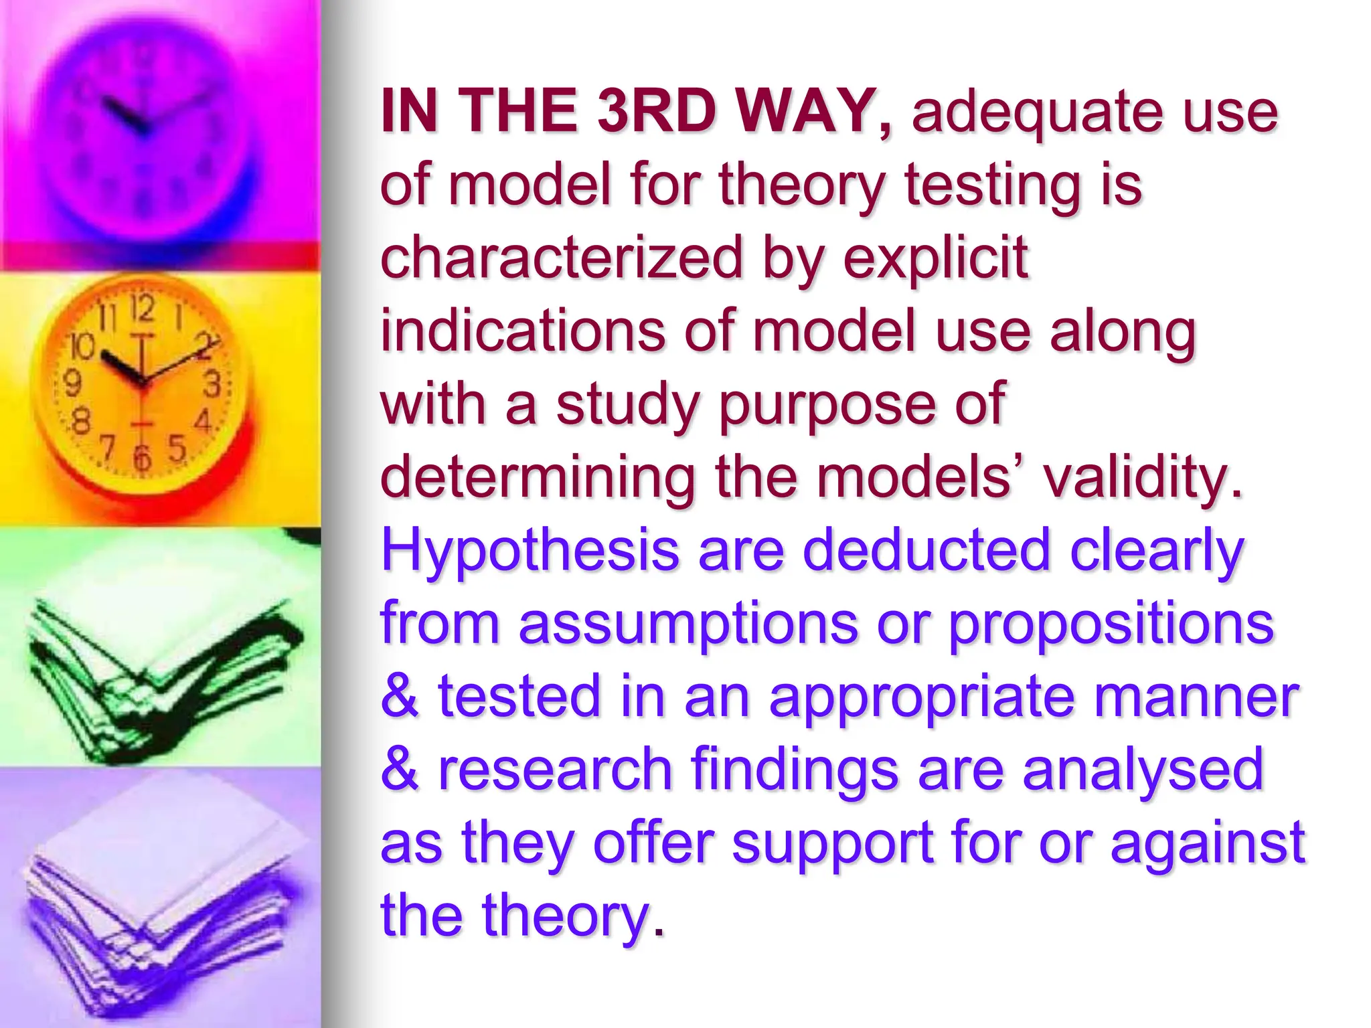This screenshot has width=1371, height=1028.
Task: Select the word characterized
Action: (x=562, y=258)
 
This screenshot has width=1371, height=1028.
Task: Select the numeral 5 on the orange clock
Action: (x=176, y=448)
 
